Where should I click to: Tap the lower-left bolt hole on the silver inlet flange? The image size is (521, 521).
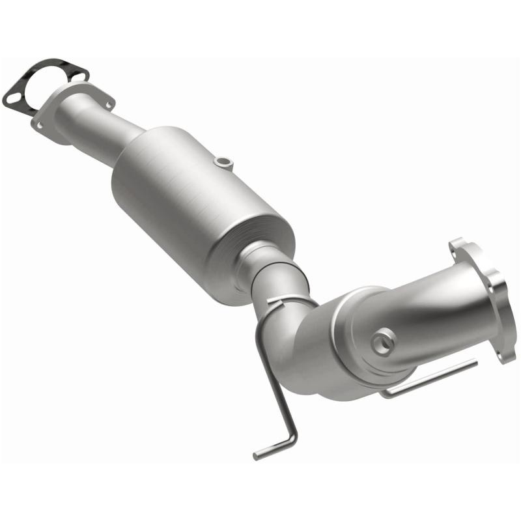40,123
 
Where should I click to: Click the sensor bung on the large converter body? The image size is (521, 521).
223,161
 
